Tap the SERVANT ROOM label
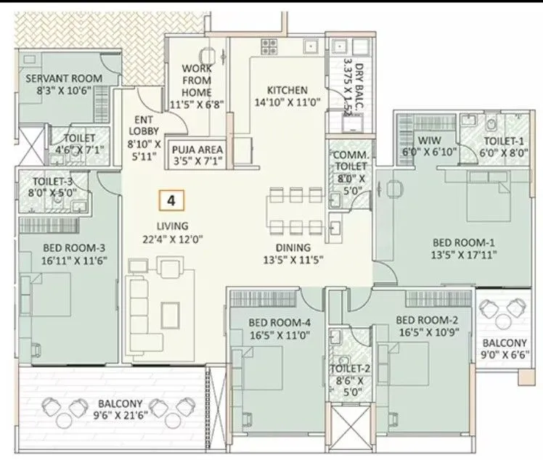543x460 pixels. click(x=64, y=78)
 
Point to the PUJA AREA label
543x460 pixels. click(x=197, y=150)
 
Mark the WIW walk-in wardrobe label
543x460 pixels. click(x=424, y=141)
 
